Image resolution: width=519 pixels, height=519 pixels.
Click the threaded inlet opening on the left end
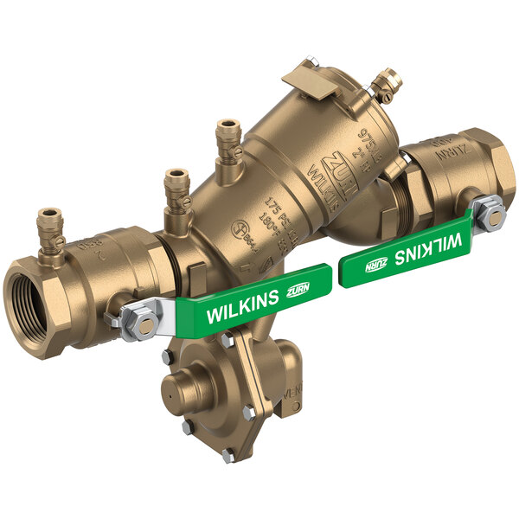click(36, 299)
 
